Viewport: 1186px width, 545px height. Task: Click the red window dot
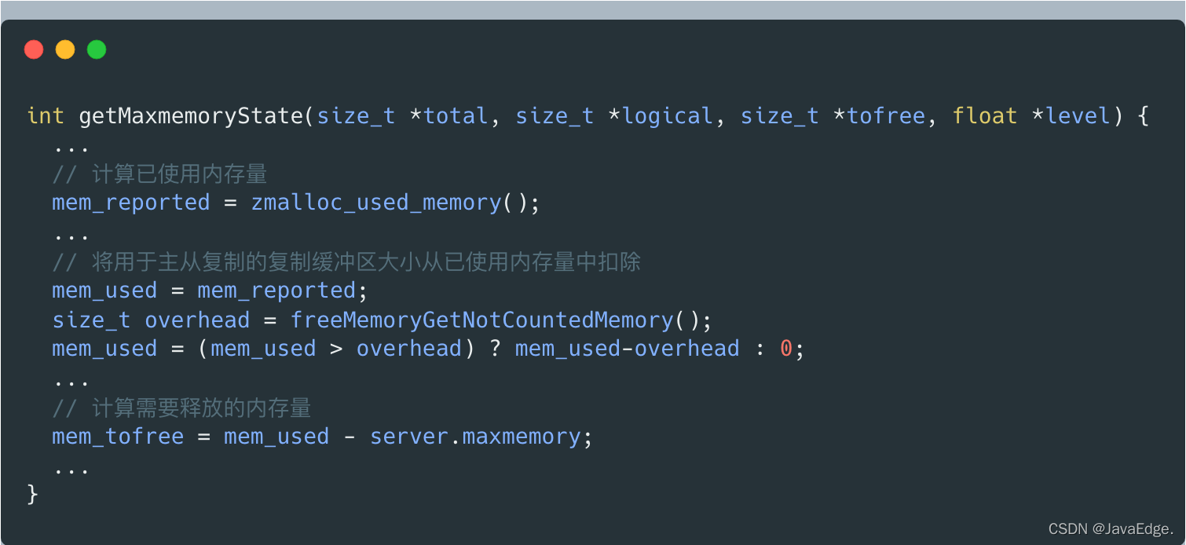click(34, 50)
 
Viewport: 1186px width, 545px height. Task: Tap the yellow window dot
click(65, 50)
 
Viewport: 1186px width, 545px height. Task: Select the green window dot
click(97, 50)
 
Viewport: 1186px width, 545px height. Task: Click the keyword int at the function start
click(46, 116)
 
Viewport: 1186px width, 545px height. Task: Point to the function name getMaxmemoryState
click(191, 116)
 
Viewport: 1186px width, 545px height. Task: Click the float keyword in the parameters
click(985, 116)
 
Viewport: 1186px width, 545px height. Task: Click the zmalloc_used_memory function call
click(376, 203)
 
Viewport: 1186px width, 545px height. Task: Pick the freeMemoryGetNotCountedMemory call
click(482, 320)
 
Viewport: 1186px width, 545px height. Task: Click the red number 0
click(786, 349)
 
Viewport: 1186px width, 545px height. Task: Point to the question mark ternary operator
click(496, 349)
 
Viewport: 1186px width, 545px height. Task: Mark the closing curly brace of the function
click(33, 495)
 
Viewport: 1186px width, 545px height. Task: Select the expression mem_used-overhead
click(627, 349)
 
